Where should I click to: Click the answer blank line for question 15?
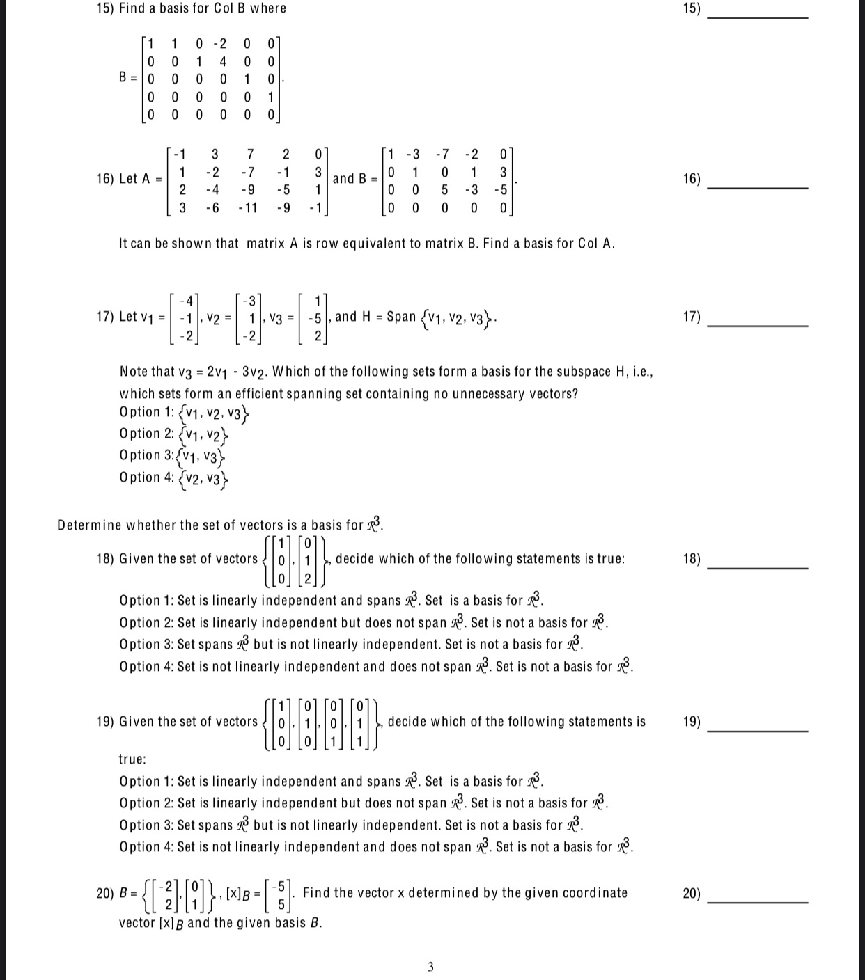pos(757,16)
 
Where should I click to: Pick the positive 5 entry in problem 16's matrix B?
pos(444,189)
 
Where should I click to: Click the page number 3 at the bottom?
pos(430,966)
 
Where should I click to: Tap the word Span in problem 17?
pos(400,317)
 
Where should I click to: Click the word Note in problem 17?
pos(132,372)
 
